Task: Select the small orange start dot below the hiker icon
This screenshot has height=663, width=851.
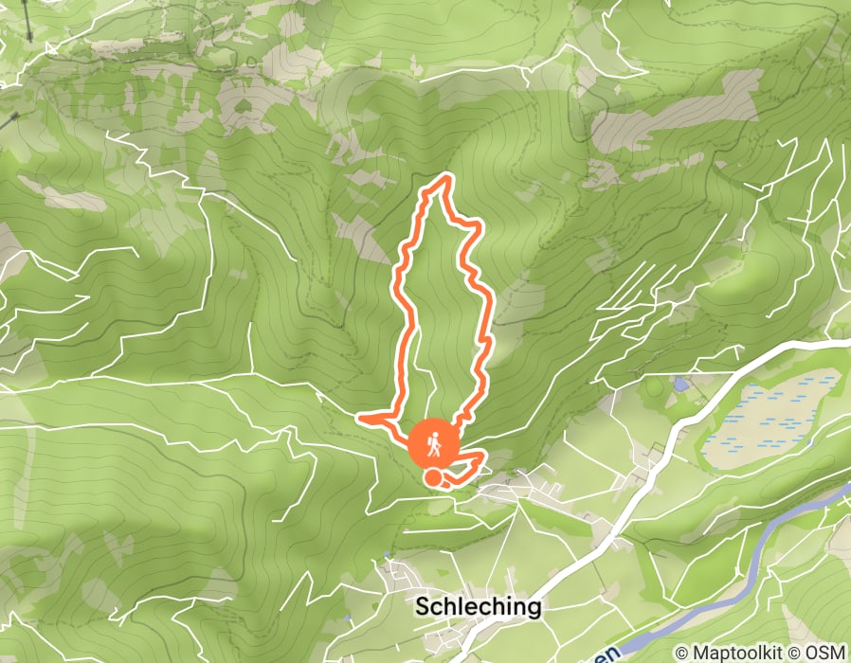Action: click(x=432, y=478)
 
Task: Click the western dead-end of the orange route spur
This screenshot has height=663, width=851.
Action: click(x=358, y=417)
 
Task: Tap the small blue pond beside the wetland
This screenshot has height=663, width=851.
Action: click(x=680, y=385)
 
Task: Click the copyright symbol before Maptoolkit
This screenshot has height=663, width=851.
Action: click(x=680, y=653)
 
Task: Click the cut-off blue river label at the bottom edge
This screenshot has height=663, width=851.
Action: click(x=614, y=654)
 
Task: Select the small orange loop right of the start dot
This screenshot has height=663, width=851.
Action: click(x=471, y=464)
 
